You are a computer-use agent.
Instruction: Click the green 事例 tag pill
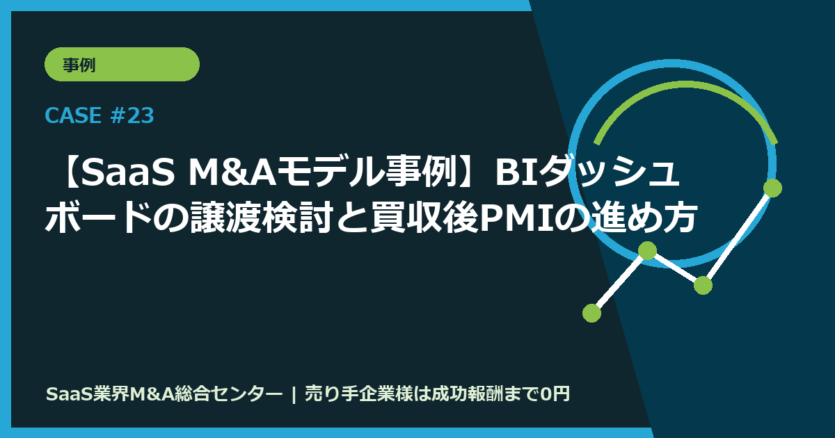coord(122,65)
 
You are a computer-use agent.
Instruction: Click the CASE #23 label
coord(99,115)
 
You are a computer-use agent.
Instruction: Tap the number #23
coord(132,115)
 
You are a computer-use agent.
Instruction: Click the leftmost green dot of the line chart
coord(591,313)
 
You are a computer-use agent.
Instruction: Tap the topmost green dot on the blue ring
coord(772,188)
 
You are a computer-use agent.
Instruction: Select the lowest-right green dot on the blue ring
coord(703,285)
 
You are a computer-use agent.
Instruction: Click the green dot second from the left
coord(647,250)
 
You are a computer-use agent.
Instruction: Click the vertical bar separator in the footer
coord(294,394)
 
